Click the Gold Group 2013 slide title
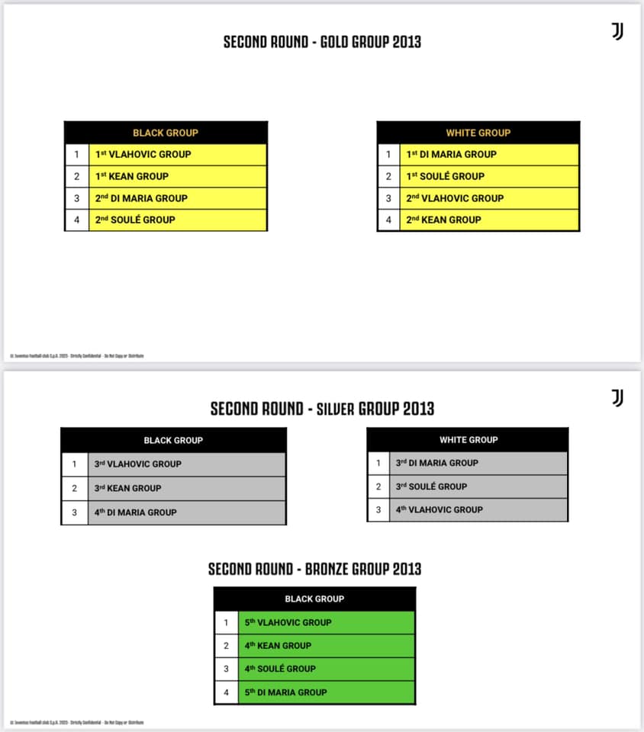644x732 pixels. click(x=321, y=41)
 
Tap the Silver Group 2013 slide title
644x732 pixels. click(x=322, y=409)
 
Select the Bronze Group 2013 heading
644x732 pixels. click(x=314, y=569)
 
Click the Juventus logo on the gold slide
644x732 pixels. click(x=617, y=31)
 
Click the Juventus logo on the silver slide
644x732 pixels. click(x=617, y=398)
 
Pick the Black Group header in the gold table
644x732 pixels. click(x=166, y=133)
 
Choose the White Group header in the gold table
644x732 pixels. click(x=478, y=133)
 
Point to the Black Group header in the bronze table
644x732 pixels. click(x=314, y=599)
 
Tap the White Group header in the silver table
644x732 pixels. click(x=469, y=439)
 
